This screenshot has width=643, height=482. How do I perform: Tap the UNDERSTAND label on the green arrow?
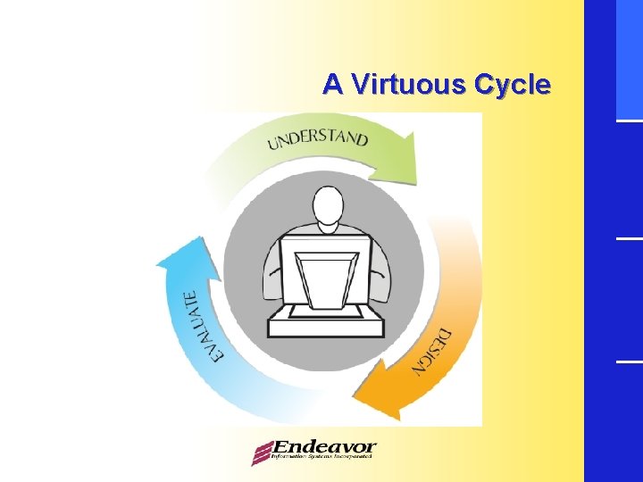click(317, 140)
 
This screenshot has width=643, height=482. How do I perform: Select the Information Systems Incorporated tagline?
click(321, 457)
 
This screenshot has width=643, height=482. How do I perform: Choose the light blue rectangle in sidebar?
click(629, 58)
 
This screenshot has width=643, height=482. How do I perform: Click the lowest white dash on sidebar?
click(629, 361)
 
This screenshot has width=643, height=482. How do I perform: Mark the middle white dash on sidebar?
click(629, 238)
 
